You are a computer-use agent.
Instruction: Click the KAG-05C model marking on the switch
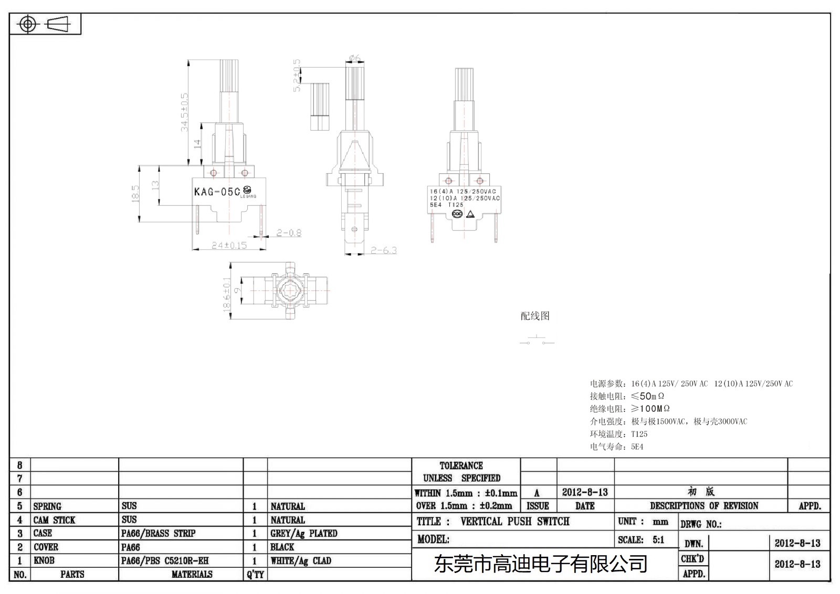tap(217, 192)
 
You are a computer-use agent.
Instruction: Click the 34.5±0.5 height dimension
tap(184, 112)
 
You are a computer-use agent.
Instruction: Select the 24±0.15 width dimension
tap(229, 245)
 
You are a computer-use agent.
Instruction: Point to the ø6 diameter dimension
tap(354, 58)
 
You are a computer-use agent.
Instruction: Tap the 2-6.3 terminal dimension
tap(383, 251)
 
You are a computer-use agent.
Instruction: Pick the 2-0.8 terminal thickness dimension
tap(289, 233)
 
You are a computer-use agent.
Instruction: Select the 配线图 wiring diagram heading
tap(535, 316)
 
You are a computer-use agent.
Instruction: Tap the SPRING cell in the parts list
tap(47, 506)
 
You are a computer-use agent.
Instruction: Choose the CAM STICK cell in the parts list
tap(54, 520)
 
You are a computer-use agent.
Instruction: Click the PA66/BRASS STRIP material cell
tap(158, 534)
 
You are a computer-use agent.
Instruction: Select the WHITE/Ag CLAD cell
tap(301, 561)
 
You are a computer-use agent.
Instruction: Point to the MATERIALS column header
tap(192, 575)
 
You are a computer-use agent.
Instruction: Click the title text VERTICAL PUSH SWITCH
tap(514, 522)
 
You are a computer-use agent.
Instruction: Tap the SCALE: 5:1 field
tap(641, 540)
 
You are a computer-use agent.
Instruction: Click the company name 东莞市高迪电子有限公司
tap(540, 564)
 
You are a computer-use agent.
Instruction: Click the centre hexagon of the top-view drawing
tap(288, 290)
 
